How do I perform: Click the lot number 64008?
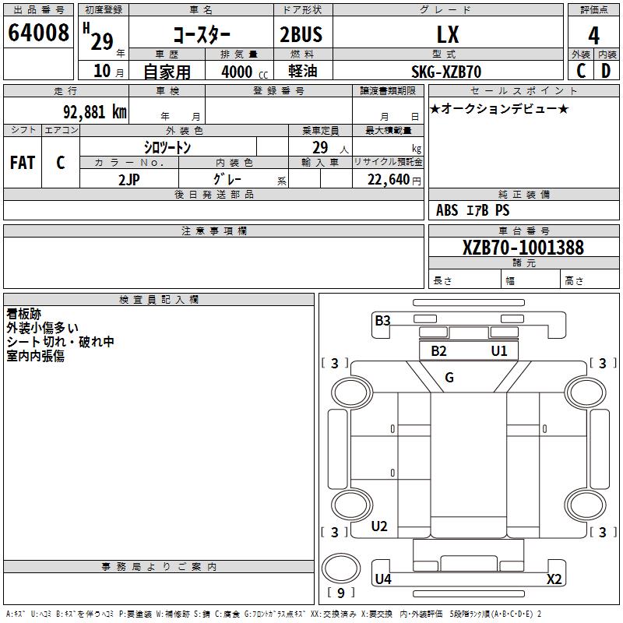(x=38, y=33)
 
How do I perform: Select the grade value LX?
(x=448, y=34)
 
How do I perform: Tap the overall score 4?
(x=593, y=36)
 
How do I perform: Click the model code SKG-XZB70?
(x=446, y=72)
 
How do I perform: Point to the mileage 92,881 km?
(x=95, y=112)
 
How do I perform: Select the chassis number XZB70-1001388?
(x=523, y=248)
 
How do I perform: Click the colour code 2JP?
(x=129, y=180)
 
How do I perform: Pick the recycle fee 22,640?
(x=389, y=180)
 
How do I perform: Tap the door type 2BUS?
(x=301, y=34)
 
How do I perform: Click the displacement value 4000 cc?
(x=245, y=72)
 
